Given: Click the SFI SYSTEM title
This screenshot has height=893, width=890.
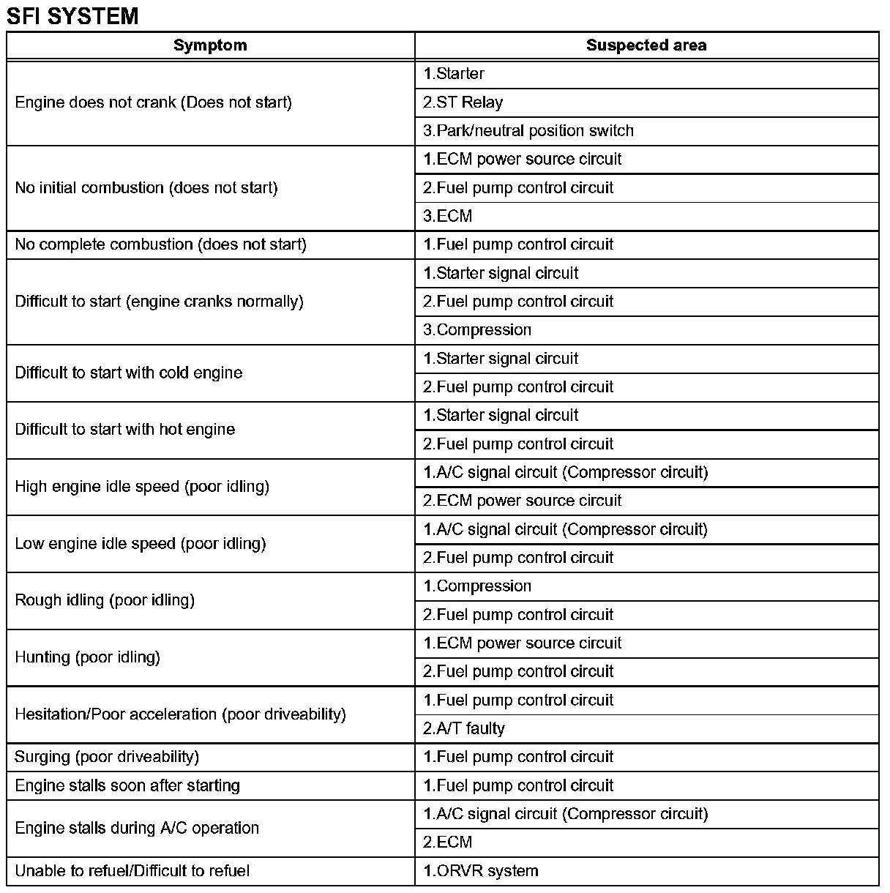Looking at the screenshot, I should coord(72,15).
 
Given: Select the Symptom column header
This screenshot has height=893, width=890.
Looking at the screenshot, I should coord(210,45).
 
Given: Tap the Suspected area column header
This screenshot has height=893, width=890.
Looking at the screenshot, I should coord(646,45).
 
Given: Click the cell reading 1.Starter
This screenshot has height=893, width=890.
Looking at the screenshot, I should coord(454,74).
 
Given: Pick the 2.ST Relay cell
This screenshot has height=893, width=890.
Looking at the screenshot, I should coord(463,102).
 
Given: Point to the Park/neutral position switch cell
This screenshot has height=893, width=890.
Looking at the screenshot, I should coord(528,131).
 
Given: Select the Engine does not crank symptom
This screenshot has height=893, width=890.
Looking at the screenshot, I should coord(154,102).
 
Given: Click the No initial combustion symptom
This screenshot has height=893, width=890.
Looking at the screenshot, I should coord(146,188).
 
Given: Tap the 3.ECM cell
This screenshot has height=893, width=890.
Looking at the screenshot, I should coord(448,217).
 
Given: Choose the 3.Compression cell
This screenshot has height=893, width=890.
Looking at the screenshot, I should coord(477,330).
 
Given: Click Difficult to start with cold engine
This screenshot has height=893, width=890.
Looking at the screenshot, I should coord(129,373).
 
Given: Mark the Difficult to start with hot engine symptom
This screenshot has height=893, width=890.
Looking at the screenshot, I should coord(125,430).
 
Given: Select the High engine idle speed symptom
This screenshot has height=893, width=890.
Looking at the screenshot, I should coord(142,487).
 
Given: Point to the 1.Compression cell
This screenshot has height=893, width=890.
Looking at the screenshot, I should coord(477,586).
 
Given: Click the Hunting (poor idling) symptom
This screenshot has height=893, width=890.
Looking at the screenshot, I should coord(88,657).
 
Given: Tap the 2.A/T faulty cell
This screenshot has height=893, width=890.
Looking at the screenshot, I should coord(464,729).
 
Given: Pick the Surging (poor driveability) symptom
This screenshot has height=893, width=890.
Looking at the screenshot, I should coord(107,757).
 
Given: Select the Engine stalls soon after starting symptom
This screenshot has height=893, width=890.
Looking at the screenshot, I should coord(127,786).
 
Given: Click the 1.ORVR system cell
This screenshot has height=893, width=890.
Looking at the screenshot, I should coord(481,872).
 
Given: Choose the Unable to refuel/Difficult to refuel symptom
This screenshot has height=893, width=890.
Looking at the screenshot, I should coord(132,872).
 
